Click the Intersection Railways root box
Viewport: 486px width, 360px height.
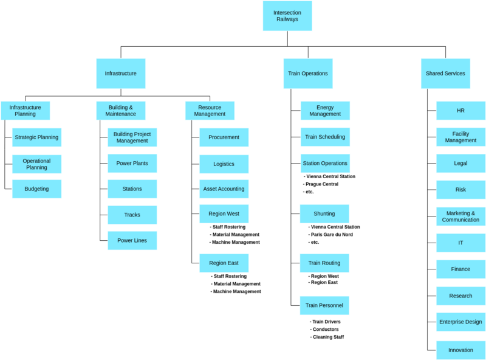point(287,16)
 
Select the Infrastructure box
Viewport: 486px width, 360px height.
point(120,74)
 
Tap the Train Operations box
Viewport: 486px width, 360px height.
point(308,74)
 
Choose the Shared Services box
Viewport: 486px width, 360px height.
point(445,74)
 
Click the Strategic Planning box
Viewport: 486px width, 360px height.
point(36,137)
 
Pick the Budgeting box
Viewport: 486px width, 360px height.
point(36,189)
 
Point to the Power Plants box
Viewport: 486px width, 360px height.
point(132,164)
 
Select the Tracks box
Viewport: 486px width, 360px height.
point(132,215)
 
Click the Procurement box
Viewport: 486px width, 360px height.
point(224,137)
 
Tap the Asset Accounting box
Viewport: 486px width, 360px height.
point(224,189)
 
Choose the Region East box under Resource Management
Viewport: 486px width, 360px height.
point(224,263)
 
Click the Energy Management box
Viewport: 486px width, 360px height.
point(325,111)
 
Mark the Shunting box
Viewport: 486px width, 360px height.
point(324,214)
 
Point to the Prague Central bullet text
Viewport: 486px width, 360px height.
point(323,184)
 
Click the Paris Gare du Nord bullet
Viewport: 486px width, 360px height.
point(331,235)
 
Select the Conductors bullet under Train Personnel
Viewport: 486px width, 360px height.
point(326,330)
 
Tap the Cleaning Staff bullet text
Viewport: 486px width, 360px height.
point(328,337)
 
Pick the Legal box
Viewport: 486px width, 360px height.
point(460,164)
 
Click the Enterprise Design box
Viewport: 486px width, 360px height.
point(460,322)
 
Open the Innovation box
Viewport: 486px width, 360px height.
point(460,350)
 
